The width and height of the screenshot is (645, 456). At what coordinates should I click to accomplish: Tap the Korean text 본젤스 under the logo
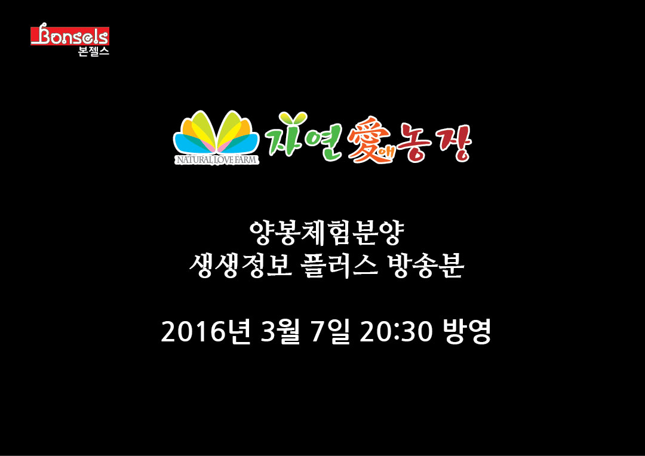point(93,51)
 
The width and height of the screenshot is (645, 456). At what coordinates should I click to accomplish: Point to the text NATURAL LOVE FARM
point(217,159)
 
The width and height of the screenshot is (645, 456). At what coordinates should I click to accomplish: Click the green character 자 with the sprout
point(287,134)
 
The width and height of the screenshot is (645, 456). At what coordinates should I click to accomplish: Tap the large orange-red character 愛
point(367,139)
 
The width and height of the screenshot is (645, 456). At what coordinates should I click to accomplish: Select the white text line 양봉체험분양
point(327,233)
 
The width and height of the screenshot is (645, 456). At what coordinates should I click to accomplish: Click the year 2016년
point(205,331)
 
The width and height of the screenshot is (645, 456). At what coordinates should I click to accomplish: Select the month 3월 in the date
point(280,331)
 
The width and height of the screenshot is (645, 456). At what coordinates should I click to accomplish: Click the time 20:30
point(396,332)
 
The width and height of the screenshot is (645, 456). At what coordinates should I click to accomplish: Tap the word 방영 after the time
point(467,331)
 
